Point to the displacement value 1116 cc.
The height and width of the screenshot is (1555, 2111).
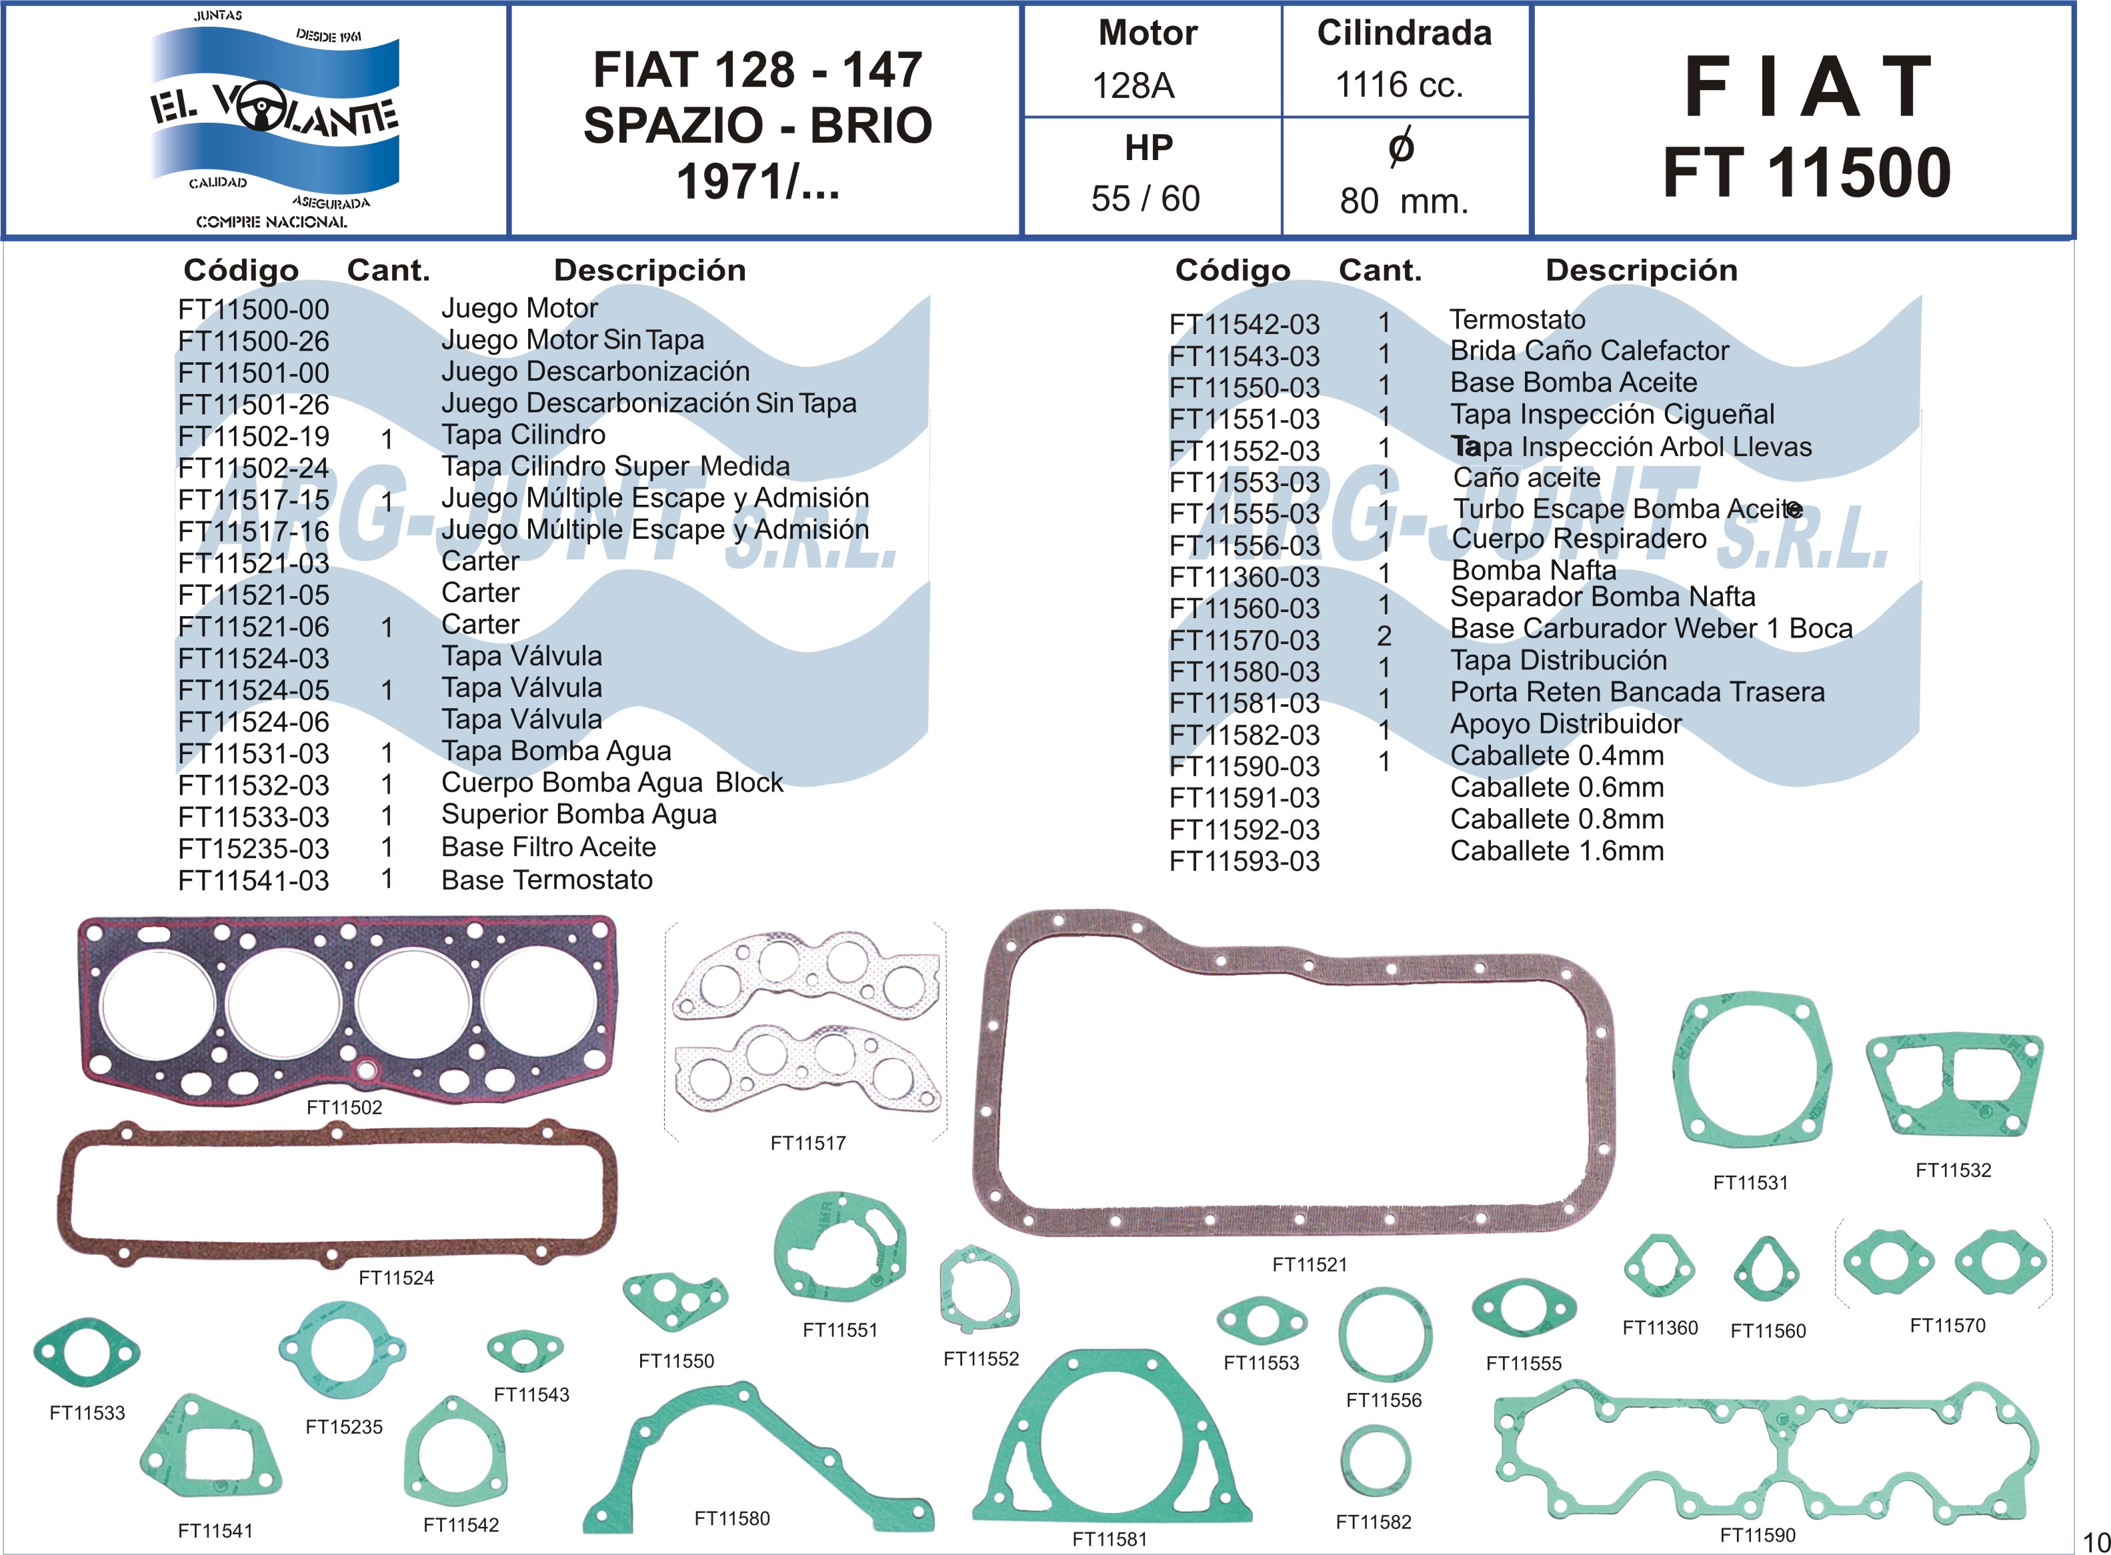pos(1400,85)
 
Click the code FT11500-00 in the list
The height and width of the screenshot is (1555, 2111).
pos(253,309)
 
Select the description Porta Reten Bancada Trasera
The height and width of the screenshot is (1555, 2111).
pos(1637,693)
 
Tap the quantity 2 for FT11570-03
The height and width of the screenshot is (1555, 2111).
pos(1384,636)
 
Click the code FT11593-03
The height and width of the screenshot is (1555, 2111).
pos(1244,862)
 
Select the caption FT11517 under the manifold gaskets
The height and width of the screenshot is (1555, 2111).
pos(807,1144)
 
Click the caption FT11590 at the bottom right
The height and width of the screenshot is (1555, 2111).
pos(1757,1535)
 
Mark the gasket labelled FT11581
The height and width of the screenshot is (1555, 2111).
pos(1112,1445)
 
